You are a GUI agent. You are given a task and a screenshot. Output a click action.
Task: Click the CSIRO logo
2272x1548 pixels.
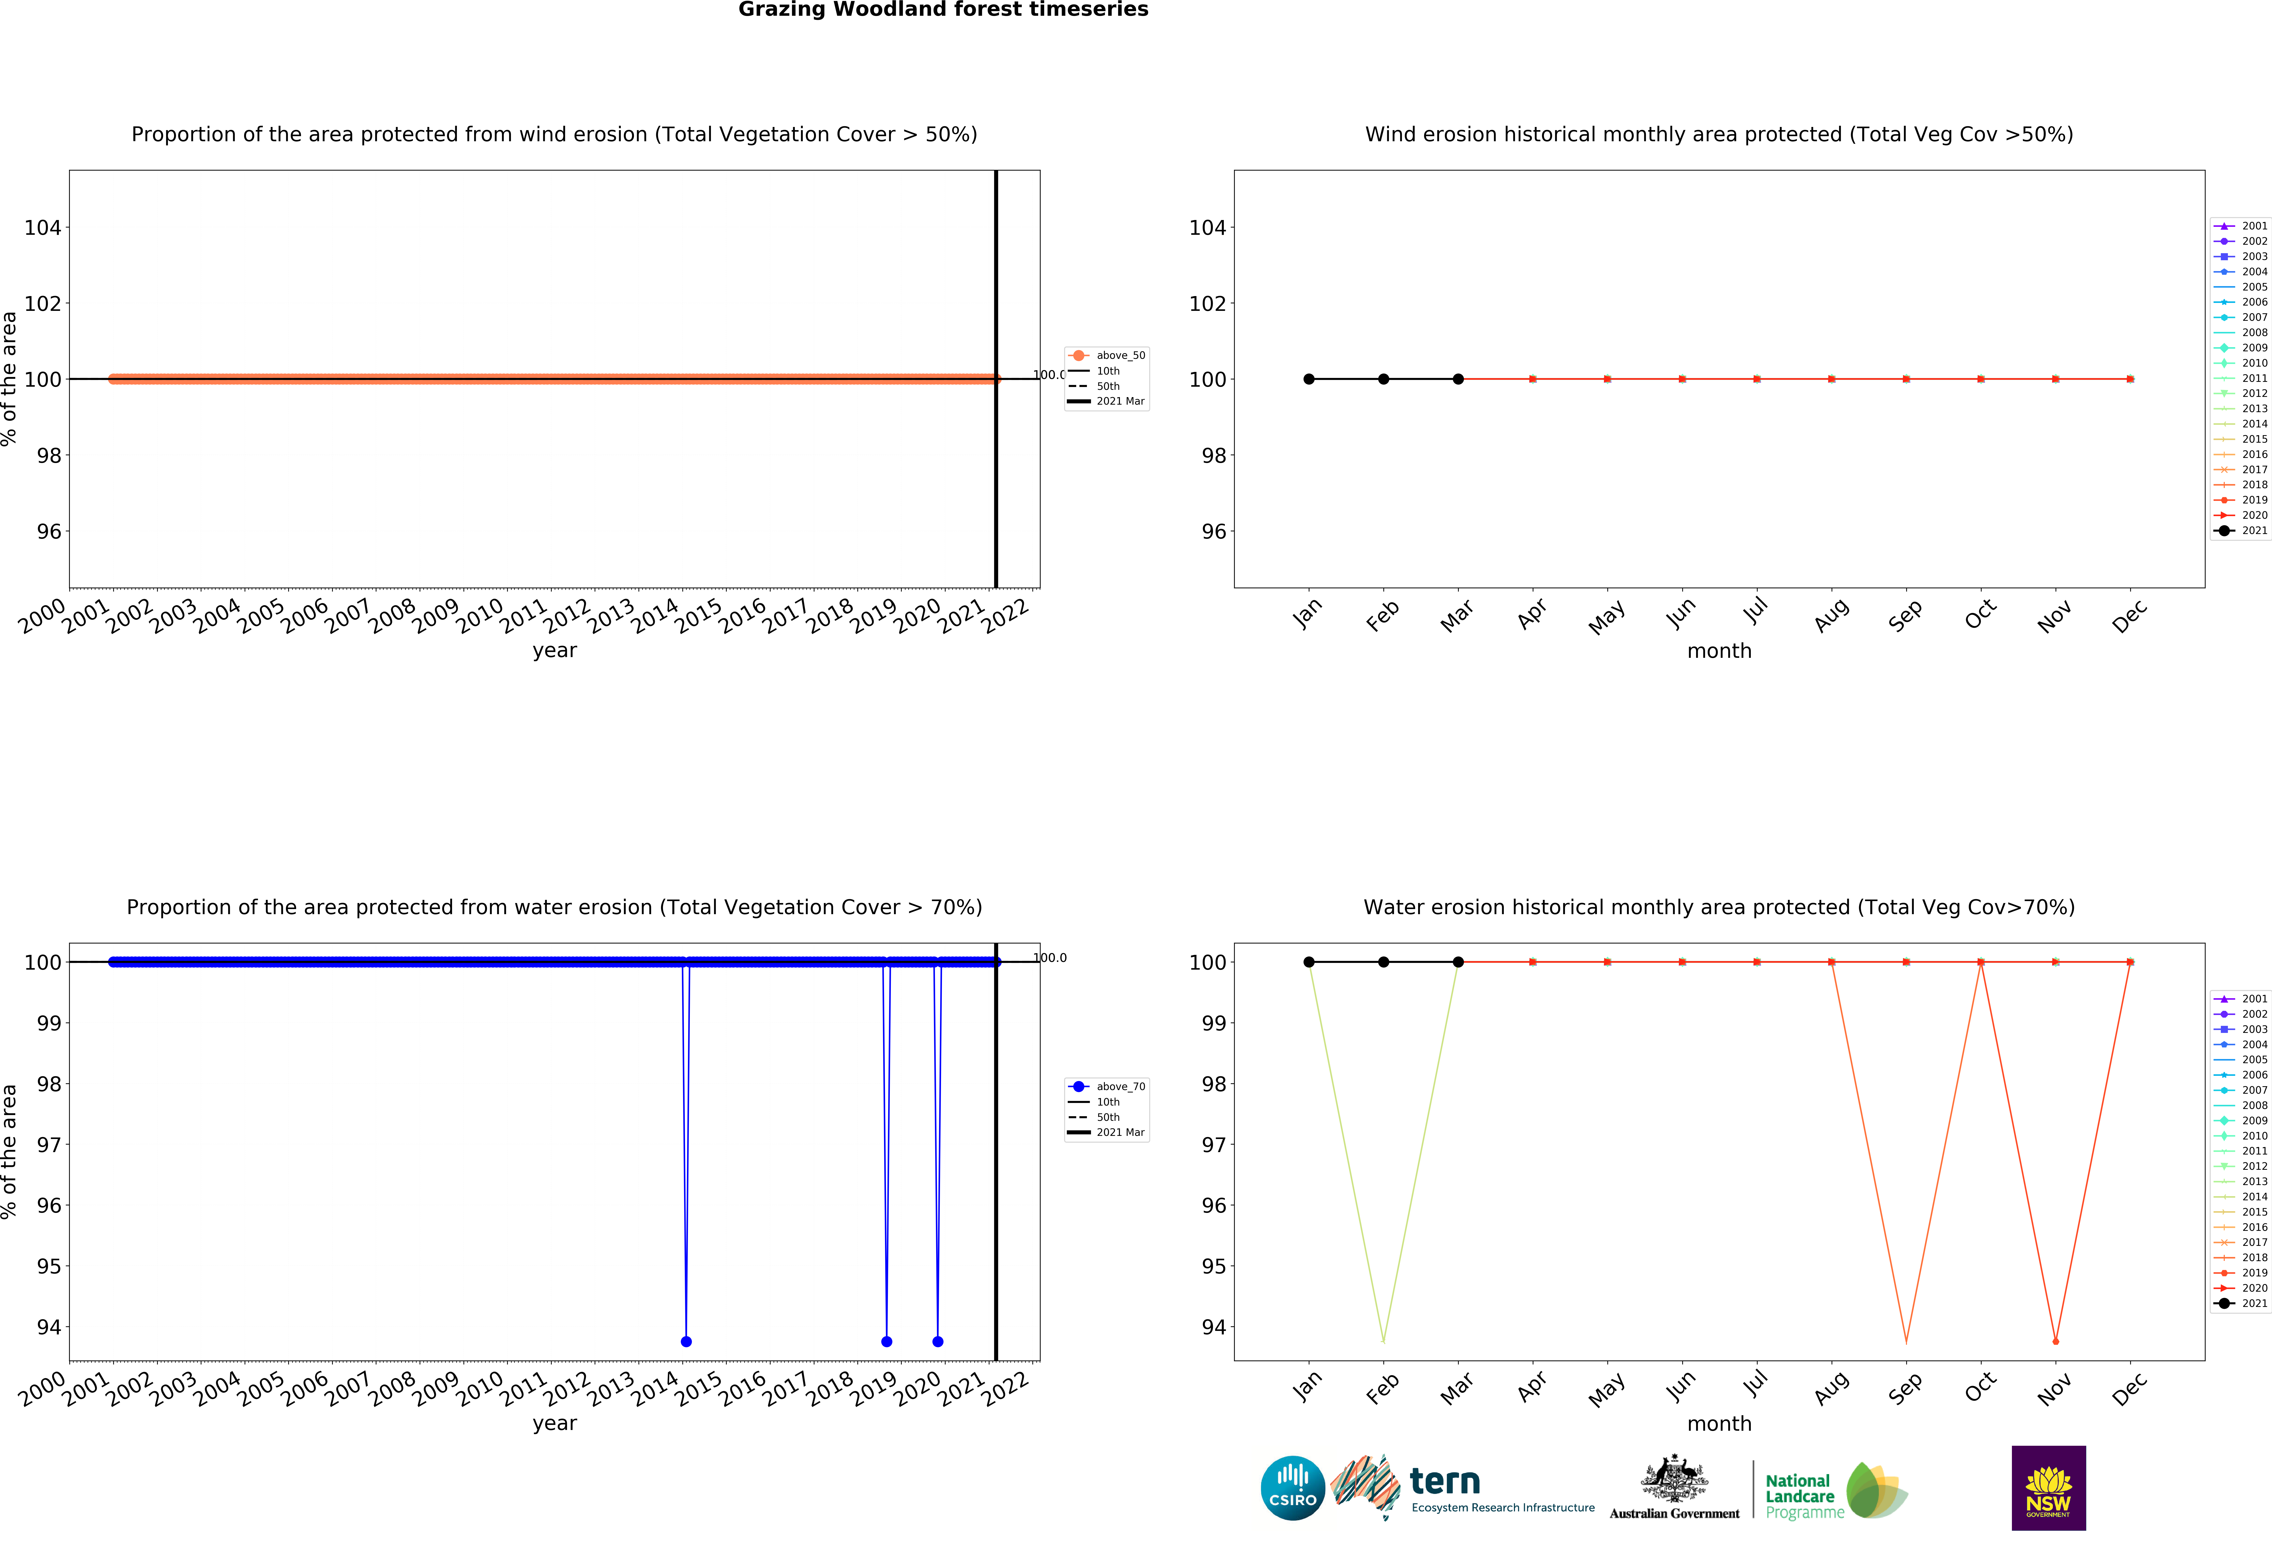click(1292, 1488)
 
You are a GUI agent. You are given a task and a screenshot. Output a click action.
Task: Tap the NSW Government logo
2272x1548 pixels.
click(2048, 1487)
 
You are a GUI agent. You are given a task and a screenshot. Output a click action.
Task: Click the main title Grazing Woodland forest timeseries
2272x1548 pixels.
click(942, 10)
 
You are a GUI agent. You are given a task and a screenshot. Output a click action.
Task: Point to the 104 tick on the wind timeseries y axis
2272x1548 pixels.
click(43, 228)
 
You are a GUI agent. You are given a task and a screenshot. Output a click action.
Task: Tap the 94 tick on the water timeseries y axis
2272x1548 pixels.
click(49, 1327)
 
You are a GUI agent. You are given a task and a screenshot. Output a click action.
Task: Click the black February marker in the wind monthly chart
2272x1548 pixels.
click(1383, 379)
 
